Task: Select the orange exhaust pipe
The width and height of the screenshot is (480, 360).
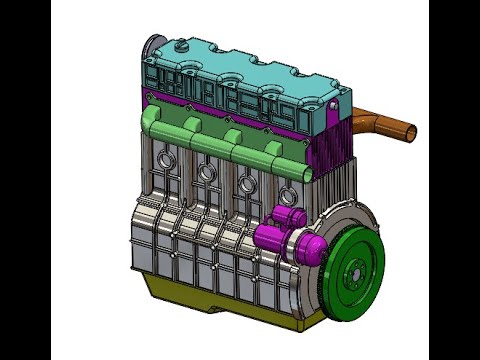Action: tap(385, 126)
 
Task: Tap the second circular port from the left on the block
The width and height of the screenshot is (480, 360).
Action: tap(207, 172)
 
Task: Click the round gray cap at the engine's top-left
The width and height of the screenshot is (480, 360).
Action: tap(152, 47)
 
